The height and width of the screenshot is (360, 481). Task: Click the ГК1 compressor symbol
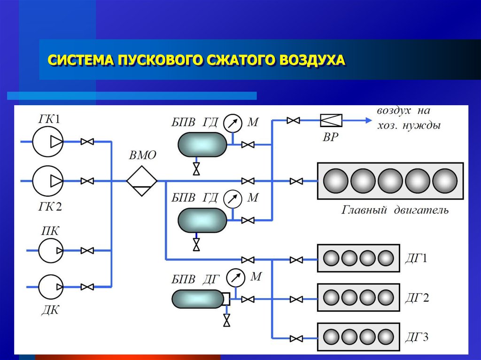pyautogui.click(x=48, y=141)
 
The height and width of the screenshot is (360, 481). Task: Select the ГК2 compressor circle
pyautogui.click(x=48, y=181)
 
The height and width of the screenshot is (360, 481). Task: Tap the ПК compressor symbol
pyautogui.click(x=51, y=251)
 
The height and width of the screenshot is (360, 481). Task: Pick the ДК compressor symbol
pyautogui.click(x=51, y=286)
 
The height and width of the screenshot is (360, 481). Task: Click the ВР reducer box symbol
pyautogui.click(x=331, y=121)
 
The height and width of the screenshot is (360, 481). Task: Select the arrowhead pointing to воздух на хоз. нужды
pyautogui.click(x=368, y=121)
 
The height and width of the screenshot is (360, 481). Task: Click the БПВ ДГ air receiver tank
pyautogui.click(x=197, y=299)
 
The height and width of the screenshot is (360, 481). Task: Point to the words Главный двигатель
pyautogui.click(x=395, y=210)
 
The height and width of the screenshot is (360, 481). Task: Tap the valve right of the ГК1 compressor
pyautogui.click(x=87, y=141)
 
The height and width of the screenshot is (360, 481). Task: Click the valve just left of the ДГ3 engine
pyautogui.click(x=296, y=337)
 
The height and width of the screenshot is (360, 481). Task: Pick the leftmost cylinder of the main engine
pyautogui.click(x=335, y=181)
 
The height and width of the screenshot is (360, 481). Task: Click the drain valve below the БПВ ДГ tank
pyautogui.click(x=227, y=321)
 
